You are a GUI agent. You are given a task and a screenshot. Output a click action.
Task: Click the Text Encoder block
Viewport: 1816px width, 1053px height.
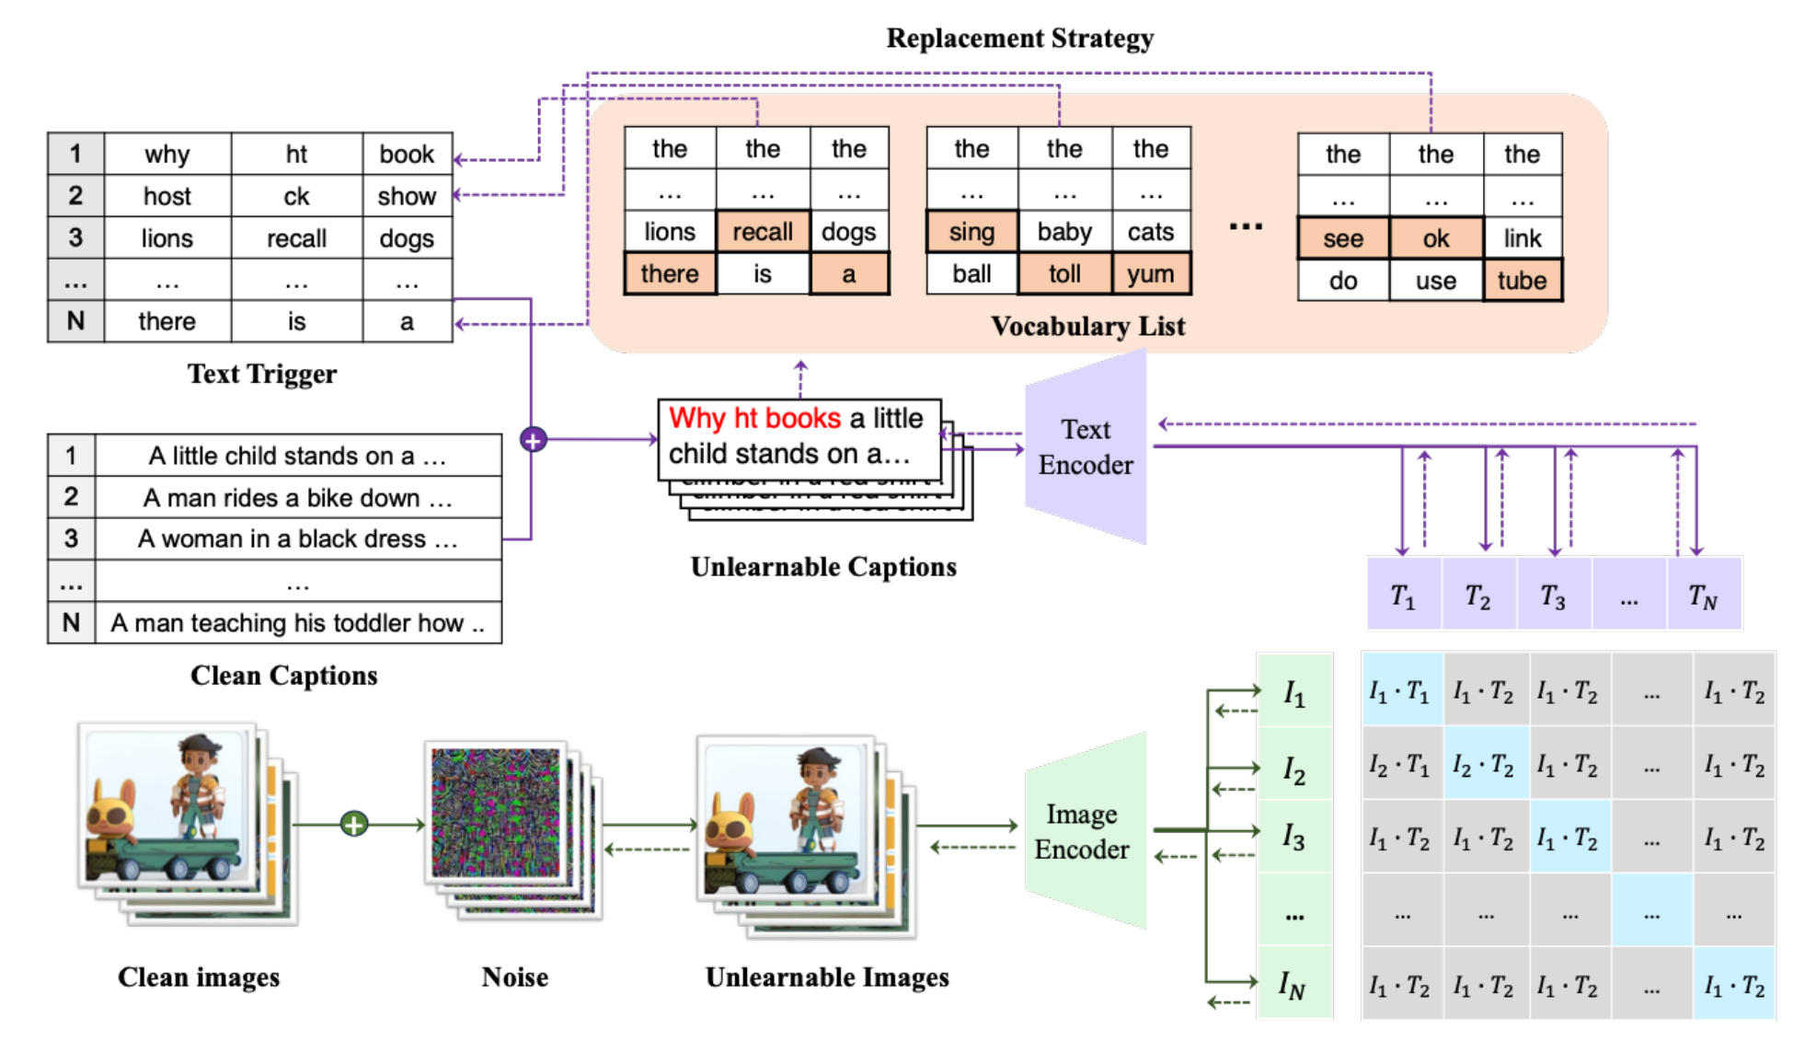tap(1086, 447)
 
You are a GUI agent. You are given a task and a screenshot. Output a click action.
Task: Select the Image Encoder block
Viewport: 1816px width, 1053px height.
tap(1083, 831)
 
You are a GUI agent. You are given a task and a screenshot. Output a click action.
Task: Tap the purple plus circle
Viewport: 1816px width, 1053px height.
tap(534, 440)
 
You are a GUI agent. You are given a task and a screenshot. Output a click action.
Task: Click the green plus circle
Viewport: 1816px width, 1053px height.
tap(354, 824)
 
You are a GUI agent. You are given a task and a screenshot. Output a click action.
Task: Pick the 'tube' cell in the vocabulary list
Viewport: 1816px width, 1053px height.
tap(1522, 281)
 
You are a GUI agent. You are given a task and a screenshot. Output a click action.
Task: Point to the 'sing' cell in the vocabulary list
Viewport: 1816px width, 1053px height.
tap(971, 232)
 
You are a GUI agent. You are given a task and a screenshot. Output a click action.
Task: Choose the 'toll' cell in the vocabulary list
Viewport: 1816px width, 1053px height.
tap(1064, 274)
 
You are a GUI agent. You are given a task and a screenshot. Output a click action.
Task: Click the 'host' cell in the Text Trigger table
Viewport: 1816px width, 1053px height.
tap(167, 196)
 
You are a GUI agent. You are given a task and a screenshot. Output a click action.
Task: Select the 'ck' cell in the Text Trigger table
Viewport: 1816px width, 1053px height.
tap(296, 196)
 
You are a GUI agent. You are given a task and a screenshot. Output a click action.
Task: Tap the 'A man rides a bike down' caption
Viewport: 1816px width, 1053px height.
tap(297, 498)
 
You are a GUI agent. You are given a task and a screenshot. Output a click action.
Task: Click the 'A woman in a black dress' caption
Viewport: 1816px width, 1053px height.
tap(297, 539)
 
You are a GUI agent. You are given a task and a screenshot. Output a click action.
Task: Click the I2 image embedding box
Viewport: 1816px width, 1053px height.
tap(1294, 769)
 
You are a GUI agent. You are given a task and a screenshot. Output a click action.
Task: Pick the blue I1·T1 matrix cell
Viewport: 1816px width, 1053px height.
tap(1400, 691)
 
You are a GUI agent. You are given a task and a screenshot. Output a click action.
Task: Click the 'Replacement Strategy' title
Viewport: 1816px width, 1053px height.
tap(1019, 39)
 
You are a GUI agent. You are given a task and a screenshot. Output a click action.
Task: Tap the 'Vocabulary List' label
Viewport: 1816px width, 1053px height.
tap(1087, 327)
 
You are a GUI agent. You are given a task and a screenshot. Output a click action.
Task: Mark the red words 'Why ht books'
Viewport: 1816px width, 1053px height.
tap(754, 419)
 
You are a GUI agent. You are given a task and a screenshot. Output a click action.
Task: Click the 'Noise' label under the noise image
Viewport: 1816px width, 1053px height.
tap(514, 978)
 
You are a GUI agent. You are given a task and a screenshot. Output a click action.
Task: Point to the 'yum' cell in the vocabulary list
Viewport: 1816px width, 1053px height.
tap(1150, 274)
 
